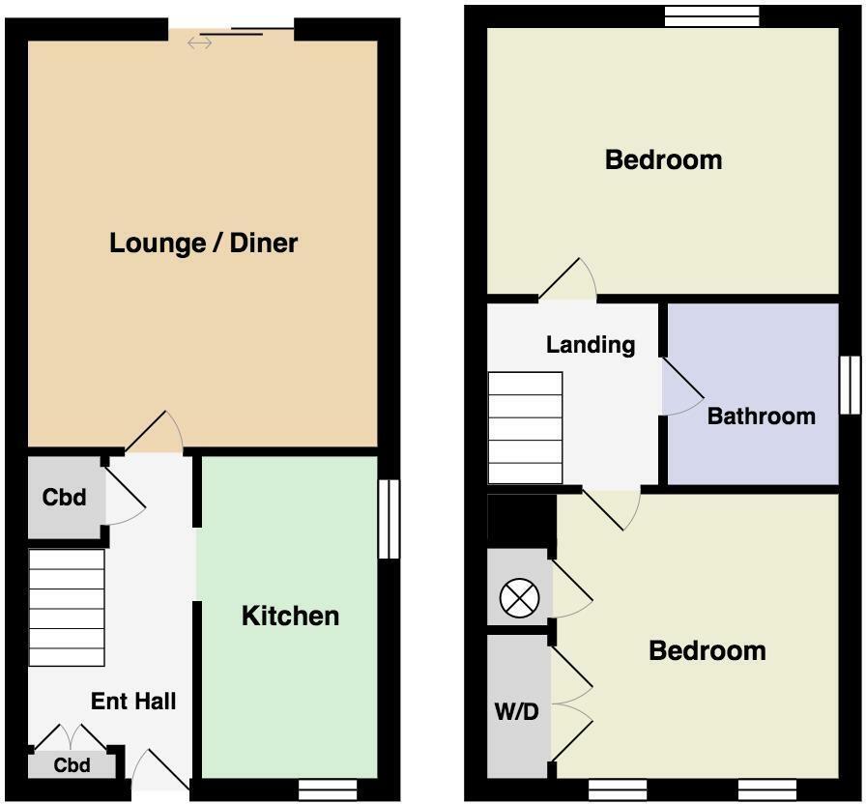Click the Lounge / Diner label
pos(203,243)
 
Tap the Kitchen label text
pos(291,616)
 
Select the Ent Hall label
pos(133,702)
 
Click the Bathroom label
pos(761,416)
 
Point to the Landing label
pos(591,345)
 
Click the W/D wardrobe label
pos(516,712)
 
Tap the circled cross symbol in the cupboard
pos(520,598)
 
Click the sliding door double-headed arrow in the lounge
pos(199,43)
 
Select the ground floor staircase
pos(67,608)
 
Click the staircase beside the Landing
pos(525,428)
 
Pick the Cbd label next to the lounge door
pos(64,497)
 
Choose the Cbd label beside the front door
pos(72,765)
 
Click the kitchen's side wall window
pos(389,519)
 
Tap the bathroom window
pos(850,385)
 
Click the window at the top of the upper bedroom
pos(712,16)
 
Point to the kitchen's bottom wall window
pos(328,790)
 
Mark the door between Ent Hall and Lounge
pos(154,432)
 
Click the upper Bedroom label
pos(663,159)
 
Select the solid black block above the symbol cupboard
pos(522,521)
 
